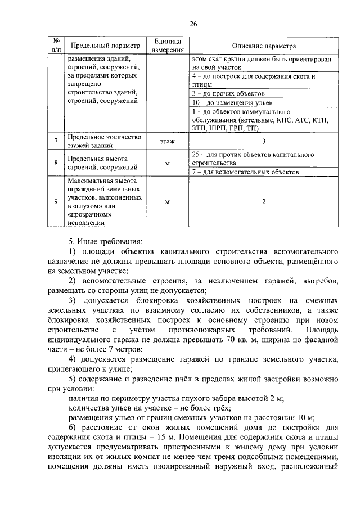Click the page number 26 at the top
point(193,24)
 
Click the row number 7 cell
point(56,141)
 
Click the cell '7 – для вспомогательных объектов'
point(245,172)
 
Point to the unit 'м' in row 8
point(167,163)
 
